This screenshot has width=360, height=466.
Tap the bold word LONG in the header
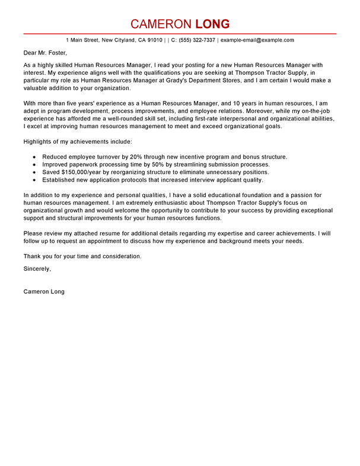(208, 24)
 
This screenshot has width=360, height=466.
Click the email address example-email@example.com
(257, 40)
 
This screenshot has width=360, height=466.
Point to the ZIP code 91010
(154, 40)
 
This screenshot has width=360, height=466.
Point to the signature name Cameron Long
(44, 291)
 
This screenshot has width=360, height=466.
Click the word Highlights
(39, 141)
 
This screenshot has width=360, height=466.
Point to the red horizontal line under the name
(180, 34)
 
